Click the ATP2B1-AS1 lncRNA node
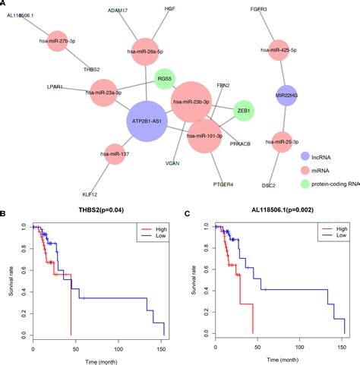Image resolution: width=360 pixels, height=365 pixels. [x=147, y=121]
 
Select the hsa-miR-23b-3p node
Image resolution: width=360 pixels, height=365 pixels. [x=191, y=102]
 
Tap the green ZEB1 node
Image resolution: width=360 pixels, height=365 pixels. [x=243, y=111]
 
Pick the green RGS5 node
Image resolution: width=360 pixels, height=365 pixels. [x=165, y=79]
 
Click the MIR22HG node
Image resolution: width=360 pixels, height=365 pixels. [x=286, y=96]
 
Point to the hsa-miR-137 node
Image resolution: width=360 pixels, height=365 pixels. [x=115, y=154]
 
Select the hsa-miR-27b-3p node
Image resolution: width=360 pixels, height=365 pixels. [x=58, y=41]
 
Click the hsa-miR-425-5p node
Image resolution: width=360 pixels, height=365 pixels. [x=279, y=50]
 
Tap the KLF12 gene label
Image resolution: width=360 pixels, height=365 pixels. [x=90, y=194]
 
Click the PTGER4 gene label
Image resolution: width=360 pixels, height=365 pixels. [x=223, y=184]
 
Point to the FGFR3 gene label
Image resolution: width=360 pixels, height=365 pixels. [x=258, y=9]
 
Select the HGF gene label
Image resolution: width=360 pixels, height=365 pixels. [x=169, y=8]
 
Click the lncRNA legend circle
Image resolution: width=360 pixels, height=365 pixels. [x=305, y=156]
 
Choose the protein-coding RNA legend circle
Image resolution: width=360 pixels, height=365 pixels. [x=305, y=184]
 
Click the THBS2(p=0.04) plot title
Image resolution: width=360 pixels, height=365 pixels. [x=101, y=209]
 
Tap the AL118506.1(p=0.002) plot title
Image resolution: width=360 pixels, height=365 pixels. [x=283, y=209]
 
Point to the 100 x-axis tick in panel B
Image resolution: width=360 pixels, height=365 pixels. [x=118, y=349]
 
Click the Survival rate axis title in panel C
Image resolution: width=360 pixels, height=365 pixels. [x=194, y=280]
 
